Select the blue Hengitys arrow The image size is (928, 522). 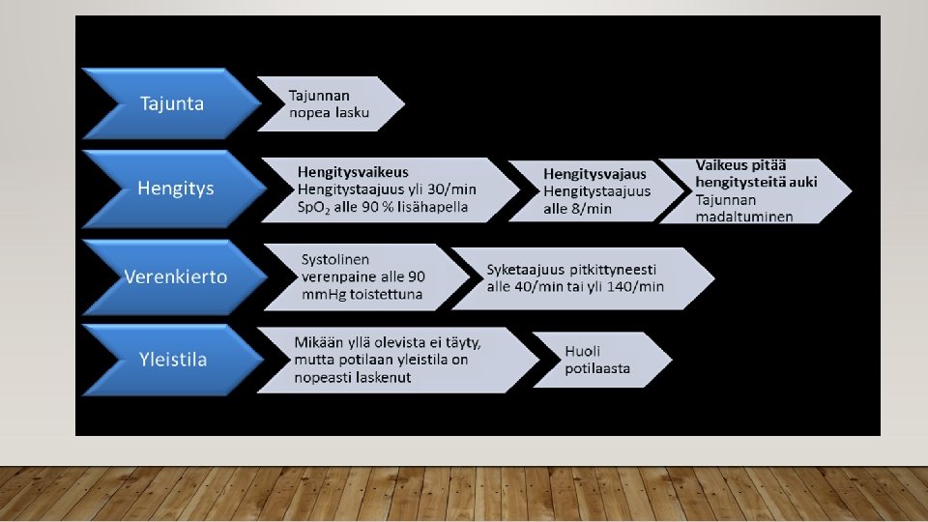(175, 188)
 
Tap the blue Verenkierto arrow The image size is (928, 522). (175, 276)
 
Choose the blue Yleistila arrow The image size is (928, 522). (172, 360)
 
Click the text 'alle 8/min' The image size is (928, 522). (577, 209)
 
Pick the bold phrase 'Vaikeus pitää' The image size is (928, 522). (741, 166)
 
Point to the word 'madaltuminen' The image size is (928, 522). (744, 216)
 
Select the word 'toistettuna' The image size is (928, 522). (387, 294)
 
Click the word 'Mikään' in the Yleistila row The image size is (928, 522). (319, 342)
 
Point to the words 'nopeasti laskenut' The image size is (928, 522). (353, 377)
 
